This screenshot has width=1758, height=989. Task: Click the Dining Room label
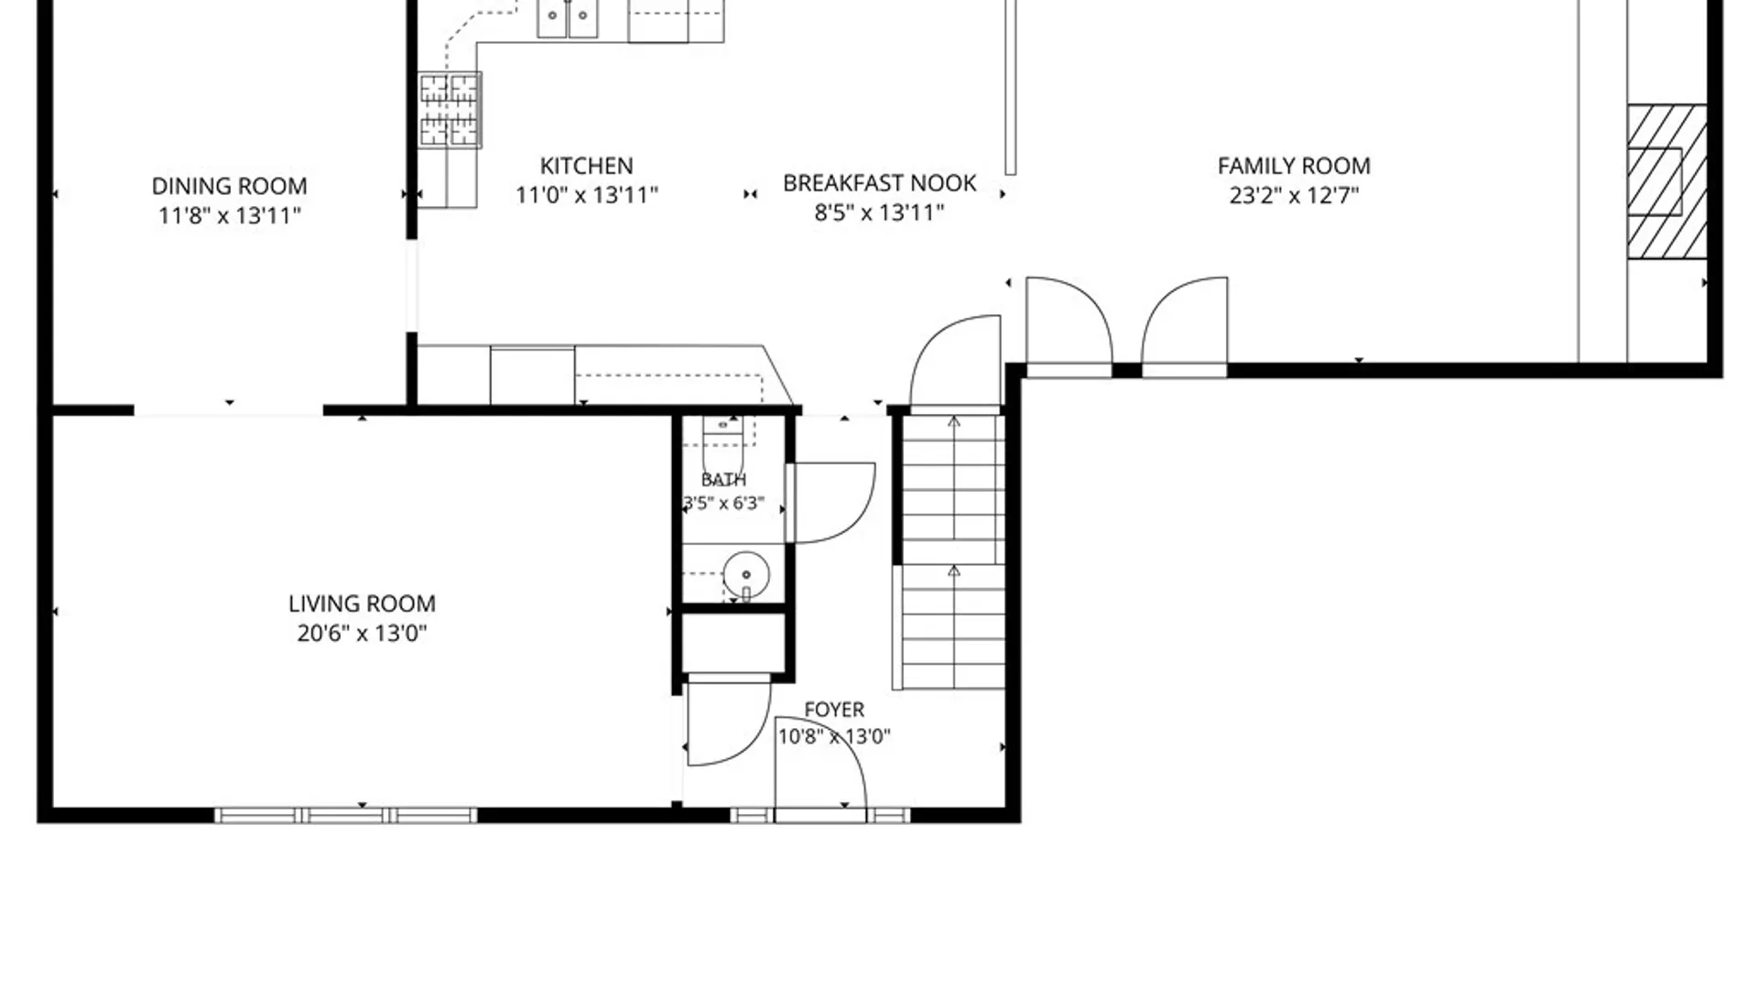tap(229, 186)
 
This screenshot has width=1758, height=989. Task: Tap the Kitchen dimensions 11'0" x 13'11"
tap(587, 195)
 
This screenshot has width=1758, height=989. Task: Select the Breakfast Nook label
tap(879, 183)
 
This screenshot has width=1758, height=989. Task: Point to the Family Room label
tap(1294, 166)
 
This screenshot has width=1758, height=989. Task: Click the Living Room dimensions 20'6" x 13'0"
tap(362, 633)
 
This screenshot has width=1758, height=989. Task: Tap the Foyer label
tap(834, 710)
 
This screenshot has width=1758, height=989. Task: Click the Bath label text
tap(723, 480)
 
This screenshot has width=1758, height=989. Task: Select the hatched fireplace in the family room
tap(1666, 181)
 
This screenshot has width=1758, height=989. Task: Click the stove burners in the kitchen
tap(450, 110)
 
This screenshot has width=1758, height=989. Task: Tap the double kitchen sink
tap(568, 18)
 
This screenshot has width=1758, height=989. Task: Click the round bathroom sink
tap(746, 575)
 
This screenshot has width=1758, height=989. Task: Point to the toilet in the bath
tap(723, 444)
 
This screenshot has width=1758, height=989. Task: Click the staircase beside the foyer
tap(953, 552)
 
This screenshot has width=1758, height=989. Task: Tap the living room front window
tap(346, 815)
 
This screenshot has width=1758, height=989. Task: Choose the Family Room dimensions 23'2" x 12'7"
tap(1294, 195)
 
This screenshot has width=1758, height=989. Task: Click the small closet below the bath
tap(733, 643)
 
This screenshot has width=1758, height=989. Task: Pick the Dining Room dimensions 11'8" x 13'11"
tap(229, 215)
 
